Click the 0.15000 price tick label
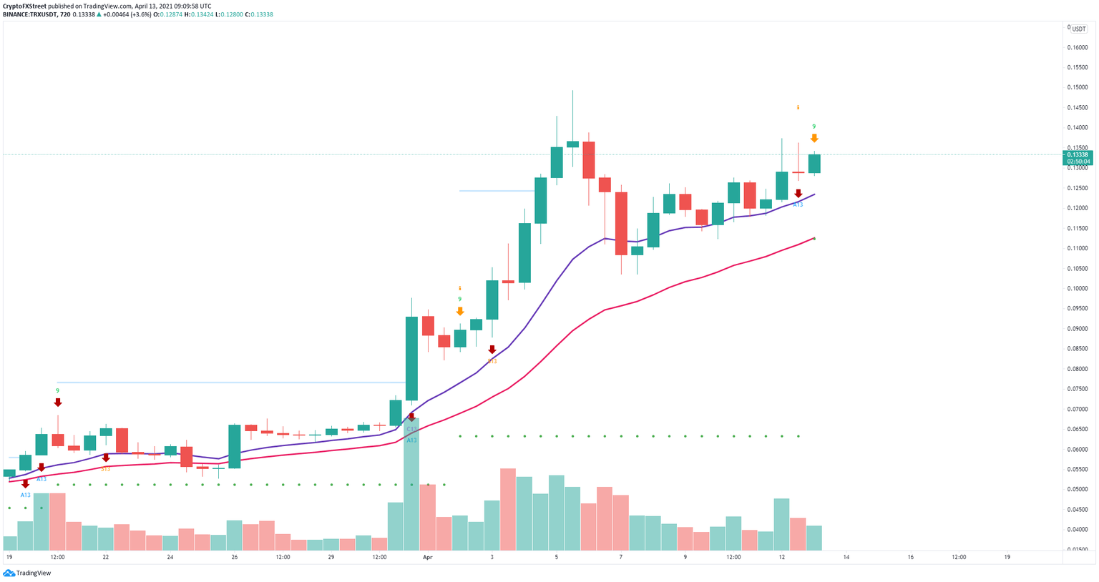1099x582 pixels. (x=1077, y=87)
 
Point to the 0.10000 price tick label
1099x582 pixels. (x=1077, y=289)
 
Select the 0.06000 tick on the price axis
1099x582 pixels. (x=1077, y=450)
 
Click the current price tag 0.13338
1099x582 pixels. (x=1077, y=154)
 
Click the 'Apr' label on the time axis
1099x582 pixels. (x=427, y=557)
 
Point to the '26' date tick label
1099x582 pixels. (x=234, y=557)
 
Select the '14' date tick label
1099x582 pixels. (x=846, y=557)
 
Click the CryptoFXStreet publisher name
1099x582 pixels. (x=24, y=6)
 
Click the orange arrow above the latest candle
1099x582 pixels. (x=814, y=138)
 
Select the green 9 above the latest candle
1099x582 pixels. (x=814, y=127)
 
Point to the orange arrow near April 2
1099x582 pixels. (x=460, y=311)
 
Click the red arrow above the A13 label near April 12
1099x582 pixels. (x=798, y=194)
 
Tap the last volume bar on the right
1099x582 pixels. (x=814, y=537)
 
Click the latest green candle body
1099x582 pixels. (x=814, y=164)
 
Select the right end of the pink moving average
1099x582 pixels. (x=814, y=238)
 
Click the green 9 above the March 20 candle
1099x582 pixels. (x=58, y=391)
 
